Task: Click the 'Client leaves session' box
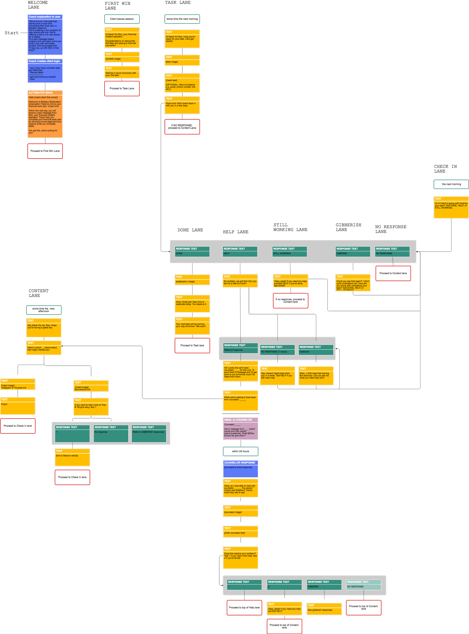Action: (122, 19)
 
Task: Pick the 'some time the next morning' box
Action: (182, 19)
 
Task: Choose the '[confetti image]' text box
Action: (122, 57)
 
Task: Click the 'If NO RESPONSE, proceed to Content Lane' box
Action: (182, 127)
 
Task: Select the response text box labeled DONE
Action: (192, 251)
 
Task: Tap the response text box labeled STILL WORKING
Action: (290, 251)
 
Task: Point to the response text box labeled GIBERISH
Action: (353, 251)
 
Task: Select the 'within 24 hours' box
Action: (241, 451)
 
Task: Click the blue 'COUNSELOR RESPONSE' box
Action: (241, 469)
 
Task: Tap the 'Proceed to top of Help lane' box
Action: (244, 608)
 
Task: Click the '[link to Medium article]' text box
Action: (72, 457)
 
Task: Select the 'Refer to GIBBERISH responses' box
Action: (149, 434)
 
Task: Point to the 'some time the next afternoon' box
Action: (44, 310)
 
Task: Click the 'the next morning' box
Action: (451, 184)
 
